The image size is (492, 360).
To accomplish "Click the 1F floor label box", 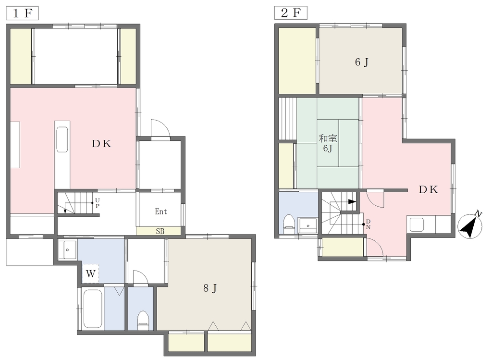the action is point(22,13).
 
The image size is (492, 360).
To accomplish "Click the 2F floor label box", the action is point(291,13).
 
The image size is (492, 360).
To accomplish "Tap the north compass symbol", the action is point(470,225).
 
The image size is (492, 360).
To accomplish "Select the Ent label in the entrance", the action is point(160,211).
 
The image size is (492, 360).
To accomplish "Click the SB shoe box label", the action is point(160,232).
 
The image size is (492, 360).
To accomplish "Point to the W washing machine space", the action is point(91,273).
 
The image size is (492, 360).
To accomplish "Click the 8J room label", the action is point(210,288).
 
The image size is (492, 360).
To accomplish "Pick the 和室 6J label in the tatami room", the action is point(328,143).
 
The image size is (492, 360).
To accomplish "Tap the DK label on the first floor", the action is point(102,144).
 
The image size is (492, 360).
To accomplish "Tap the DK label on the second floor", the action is point(429,189).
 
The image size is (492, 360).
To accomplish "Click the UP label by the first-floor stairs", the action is point(98,203).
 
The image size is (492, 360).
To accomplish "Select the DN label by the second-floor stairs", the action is point(368,224).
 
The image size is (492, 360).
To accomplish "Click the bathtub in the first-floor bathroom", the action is point(93,309).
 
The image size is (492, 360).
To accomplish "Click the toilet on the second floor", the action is point(288,224).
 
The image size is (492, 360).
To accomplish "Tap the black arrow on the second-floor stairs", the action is point(352,202).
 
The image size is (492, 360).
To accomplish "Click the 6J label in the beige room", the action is point(361,62).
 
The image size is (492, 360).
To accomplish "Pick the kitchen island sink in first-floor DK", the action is point(62,139).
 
